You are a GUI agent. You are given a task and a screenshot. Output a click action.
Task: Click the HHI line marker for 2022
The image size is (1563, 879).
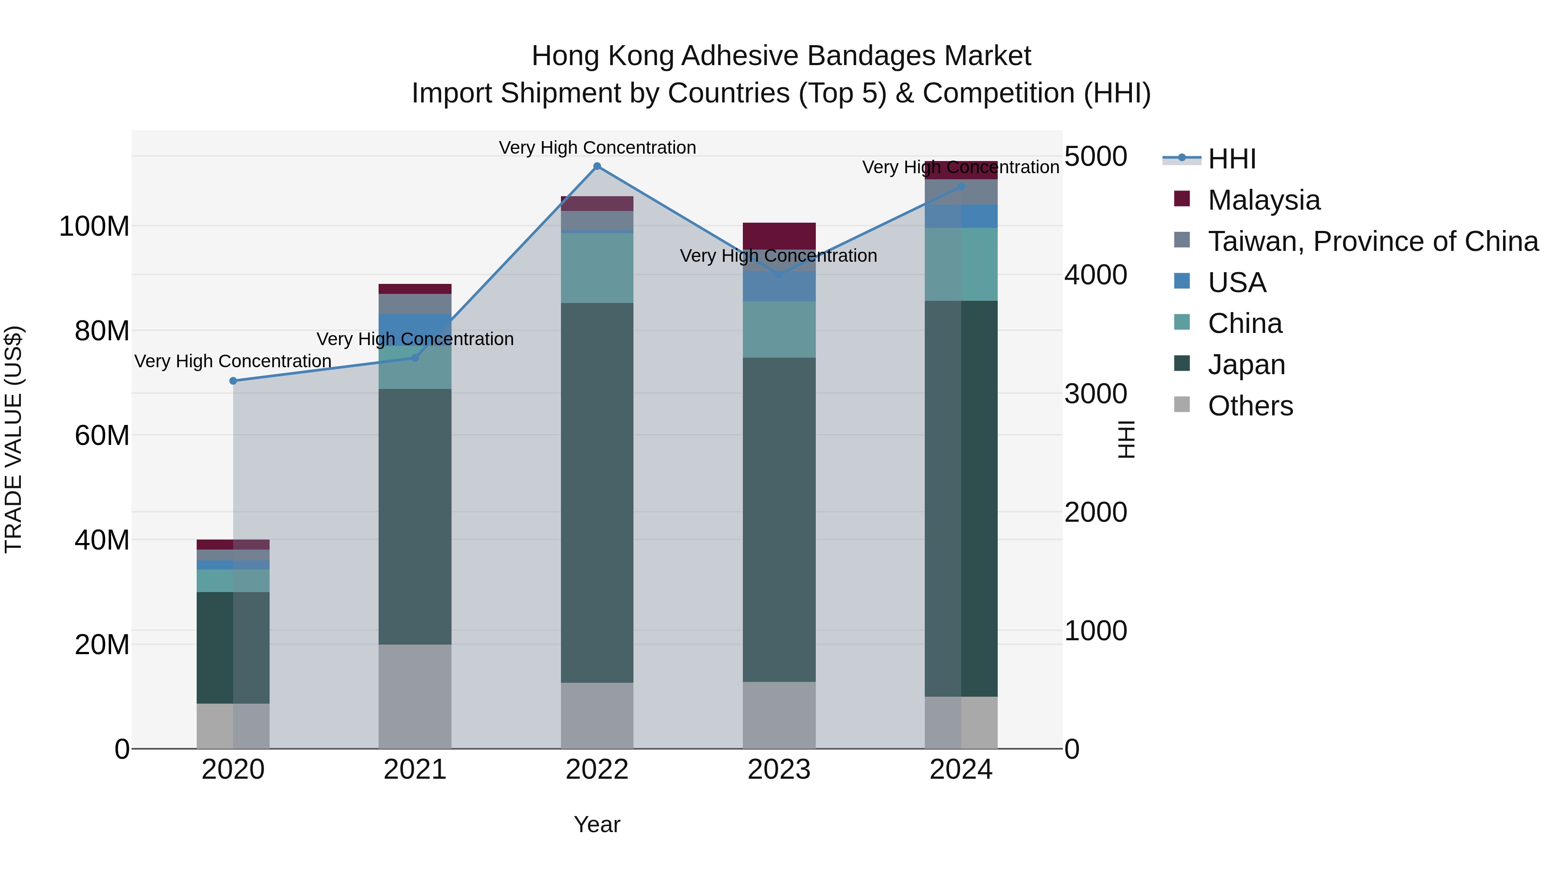click(597, 166)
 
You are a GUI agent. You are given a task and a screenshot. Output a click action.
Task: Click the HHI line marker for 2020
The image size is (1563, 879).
click(233, 381)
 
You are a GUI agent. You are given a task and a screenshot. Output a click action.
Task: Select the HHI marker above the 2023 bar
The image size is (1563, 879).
click(779, 275)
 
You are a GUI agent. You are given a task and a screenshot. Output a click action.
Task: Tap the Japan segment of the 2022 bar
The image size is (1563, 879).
click(597, 493)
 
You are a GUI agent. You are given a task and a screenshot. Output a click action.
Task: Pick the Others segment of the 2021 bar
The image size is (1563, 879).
click(415, 696)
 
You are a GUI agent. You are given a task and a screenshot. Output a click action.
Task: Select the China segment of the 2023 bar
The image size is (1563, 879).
click(779, 329)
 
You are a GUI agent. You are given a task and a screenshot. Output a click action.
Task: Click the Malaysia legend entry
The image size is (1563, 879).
click(1263, 200)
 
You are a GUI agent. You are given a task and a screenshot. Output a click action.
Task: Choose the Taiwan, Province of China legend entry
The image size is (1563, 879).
click(1372, 241)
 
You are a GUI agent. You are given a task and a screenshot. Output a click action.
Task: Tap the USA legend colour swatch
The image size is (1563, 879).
click(1182, 281)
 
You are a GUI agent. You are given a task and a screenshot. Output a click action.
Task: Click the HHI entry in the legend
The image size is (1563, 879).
click(1232, 159)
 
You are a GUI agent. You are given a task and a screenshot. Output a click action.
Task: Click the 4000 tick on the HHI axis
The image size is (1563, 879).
click(1096, 275)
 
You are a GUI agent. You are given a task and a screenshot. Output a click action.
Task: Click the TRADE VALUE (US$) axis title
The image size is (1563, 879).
click(13, 439)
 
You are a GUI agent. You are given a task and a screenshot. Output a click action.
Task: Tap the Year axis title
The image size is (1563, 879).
click(597, 824)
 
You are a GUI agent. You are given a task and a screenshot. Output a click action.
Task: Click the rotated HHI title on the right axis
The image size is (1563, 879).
click(1126, 439)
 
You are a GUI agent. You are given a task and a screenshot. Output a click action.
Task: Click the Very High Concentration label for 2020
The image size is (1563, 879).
click(233, 361)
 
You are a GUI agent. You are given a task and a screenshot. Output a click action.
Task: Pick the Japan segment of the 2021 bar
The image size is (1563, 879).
click(415, 517)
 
